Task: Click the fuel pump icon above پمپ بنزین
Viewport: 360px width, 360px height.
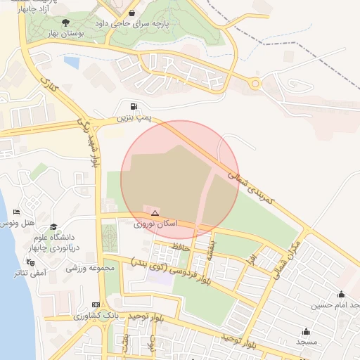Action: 134,106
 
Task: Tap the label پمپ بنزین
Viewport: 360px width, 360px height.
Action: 133,117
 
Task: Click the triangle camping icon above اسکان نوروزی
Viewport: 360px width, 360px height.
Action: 155,212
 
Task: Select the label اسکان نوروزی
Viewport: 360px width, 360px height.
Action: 155,224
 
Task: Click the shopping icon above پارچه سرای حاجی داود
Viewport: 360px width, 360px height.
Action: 132,13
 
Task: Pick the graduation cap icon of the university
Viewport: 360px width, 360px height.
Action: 53,226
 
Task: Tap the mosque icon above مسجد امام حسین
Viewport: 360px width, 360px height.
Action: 342,295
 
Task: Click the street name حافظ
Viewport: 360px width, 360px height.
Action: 181,246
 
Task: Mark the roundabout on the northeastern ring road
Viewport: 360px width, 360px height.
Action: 255,84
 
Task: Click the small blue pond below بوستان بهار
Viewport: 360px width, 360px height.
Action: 71,62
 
